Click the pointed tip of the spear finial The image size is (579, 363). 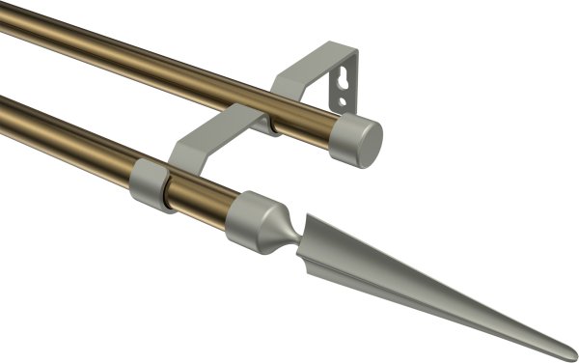tap(573, 354)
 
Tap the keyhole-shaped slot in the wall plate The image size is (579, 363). tap(340, 76)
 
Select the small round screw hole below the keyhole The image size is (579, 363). tap(338, 98)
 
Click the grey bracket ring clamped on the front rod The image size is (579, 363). tap(150, 184)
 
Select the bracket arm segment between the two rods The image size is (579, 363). tap(207, 135)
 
